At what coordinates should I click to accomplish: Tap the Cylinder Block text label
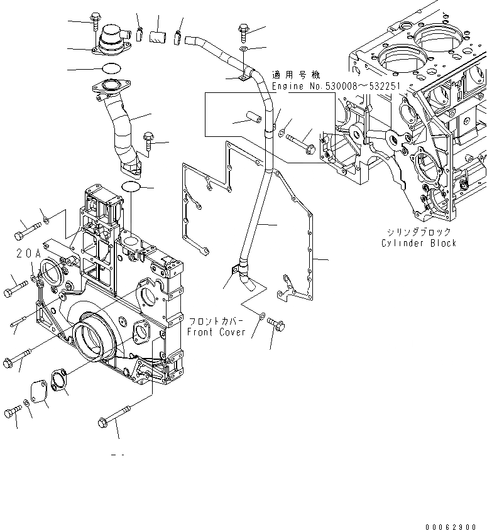pyautogui.click(x=419, y=243)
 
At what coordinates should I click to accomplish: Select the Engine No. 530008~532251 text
pyautogui.click(x=336, y=85)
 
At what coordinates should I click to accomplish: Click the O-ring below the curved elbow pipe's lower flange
pyautogui.click(x=131, y=187)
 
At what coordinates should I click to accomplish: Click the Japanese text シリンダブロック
pyautogui.click(x=418, y=232)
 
